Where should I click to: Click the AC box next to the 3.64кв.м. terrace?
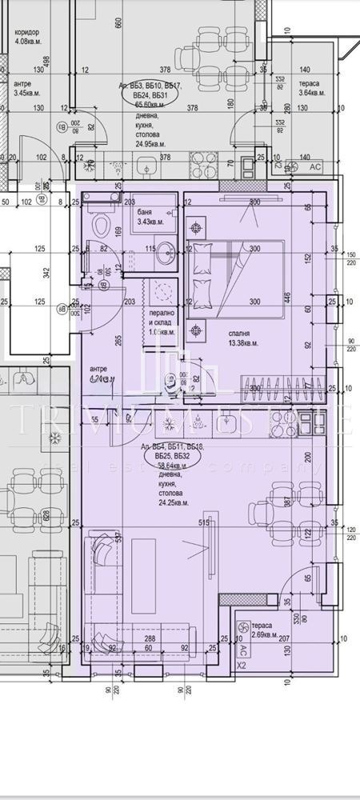pos(314,167)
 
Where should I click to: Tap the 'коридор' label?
pos(26,33)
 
